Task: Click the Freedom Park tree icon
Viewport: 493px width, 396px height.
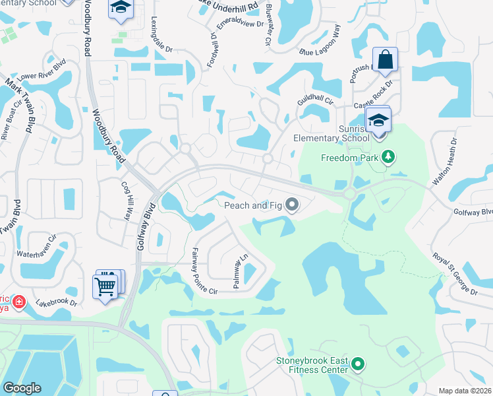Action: [x=389, y=157]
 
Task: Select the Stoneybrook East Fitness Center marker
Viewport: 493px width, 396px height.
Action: [x=358, y=364]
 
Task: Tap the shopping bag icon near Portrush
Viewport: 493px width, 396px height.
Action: [x=385, y=59]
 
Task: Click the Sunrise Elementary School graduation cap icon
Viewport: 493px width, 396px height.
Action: [x=379, y=121]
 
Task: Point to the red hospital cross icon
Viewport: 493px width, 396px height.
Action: [x=19, y=303]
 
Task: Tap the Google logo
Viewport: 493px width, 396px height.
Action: [x=22, y=388]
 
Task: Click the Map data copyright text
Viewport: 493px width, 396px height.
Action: [x=465, y=391]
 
